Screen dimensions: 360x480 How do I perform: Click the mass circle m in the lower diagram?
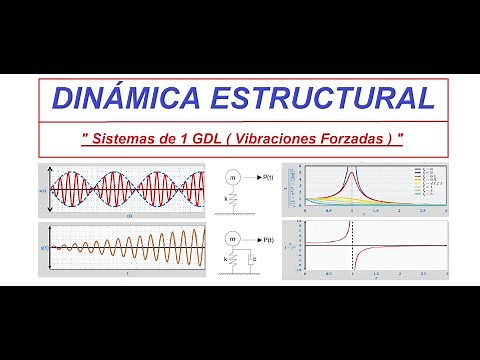coord(233,240)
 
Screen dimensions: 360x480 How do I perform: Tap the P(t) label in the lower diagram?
coord(267,240)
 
